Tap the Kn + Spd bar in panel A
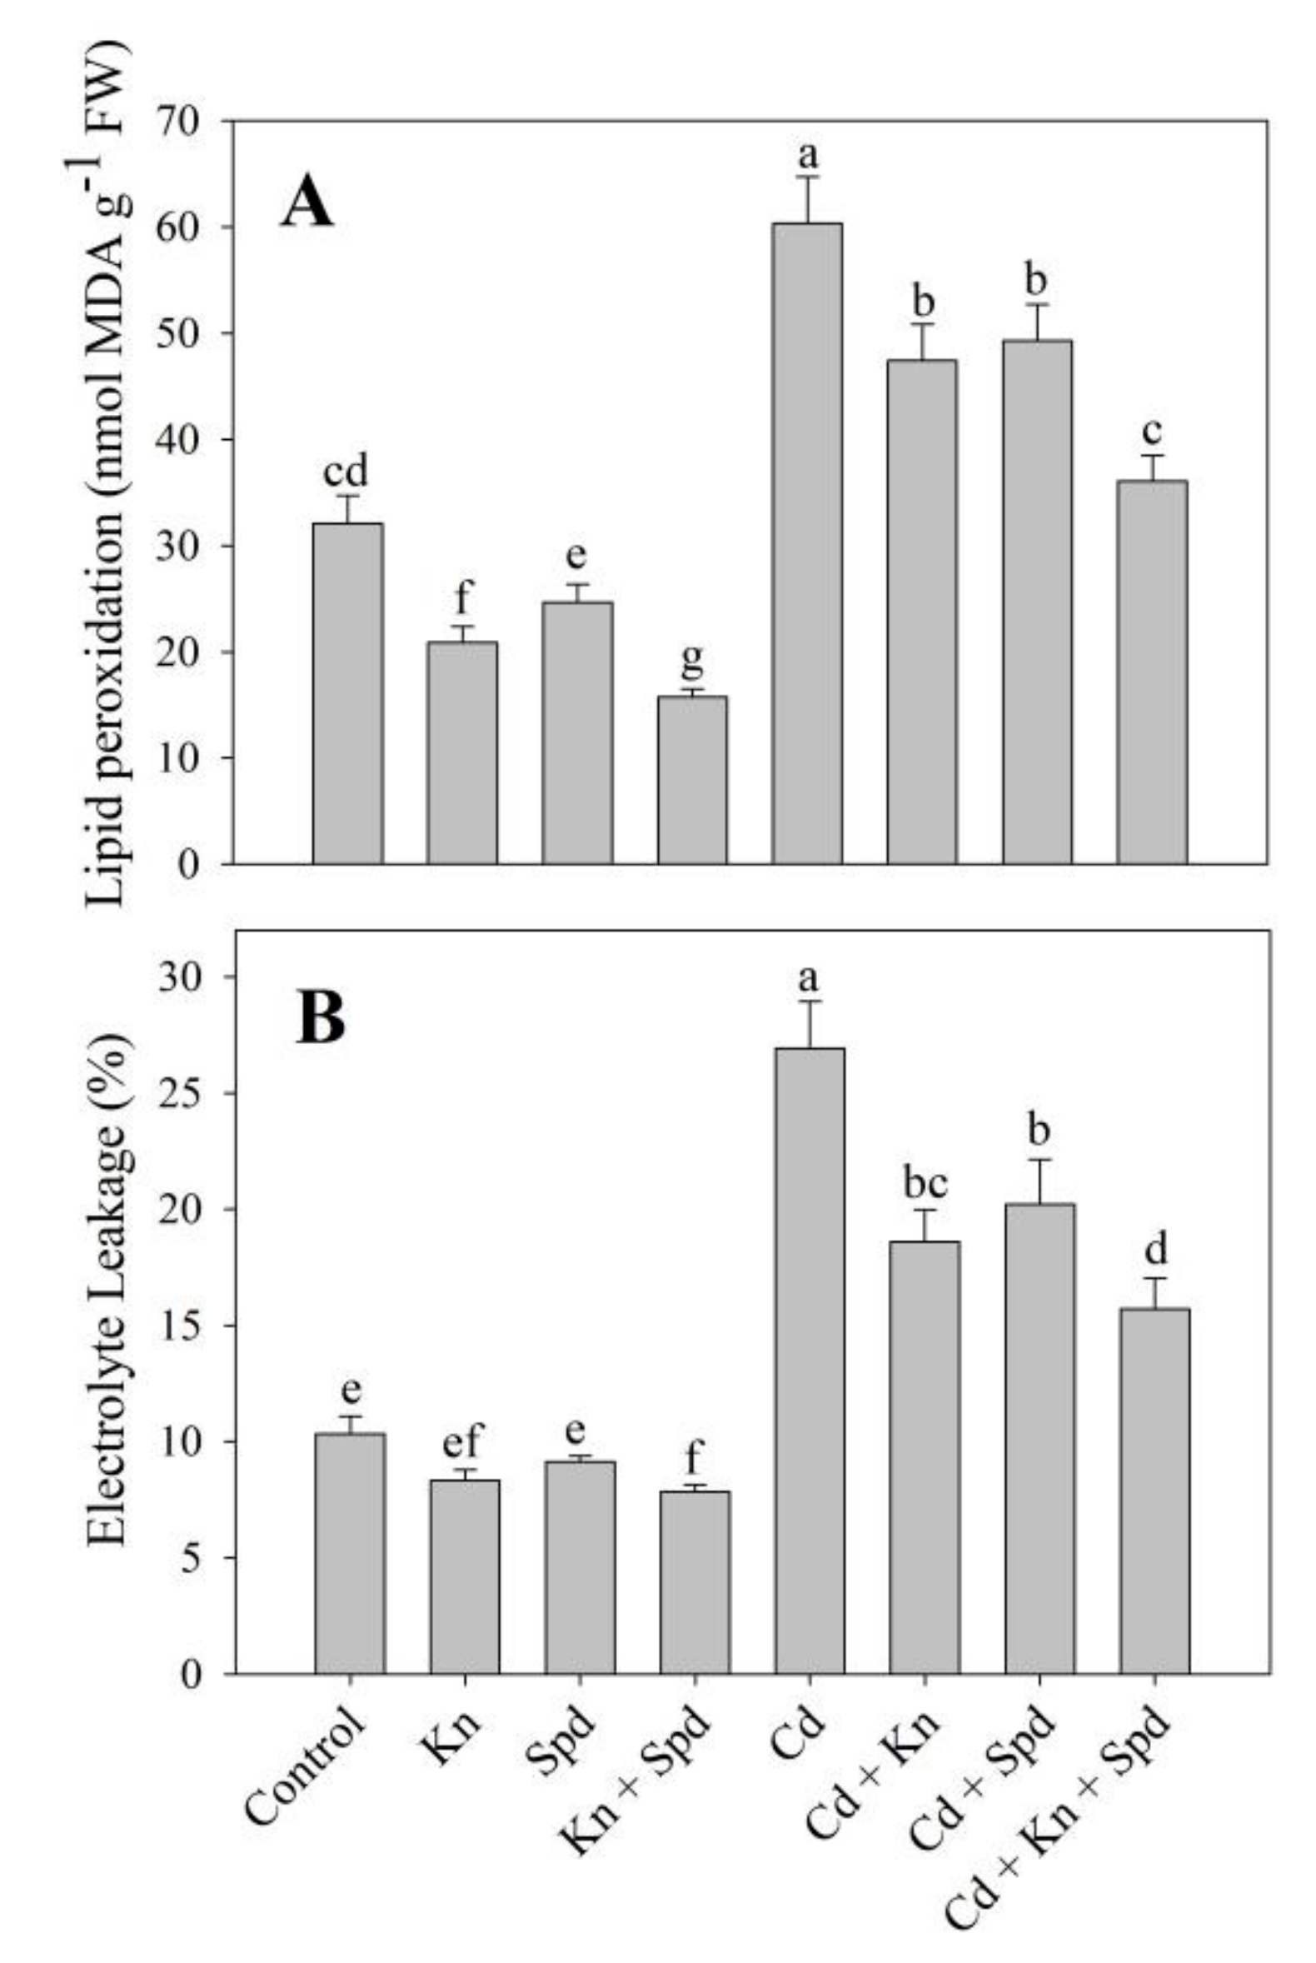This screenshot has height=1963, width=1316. click(692, 780)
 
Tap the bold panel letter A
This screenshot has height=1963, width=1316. click(307, 205)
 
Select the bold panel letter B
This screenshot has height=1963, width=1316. click(320, 1019)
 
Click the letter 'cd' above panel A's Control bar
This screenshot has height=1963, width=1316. click(346, 472)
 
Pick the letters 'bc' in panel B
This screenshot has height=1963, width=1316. click(925, 1184)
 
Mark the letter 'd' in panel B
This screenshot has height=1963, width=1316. click(1156, 1250)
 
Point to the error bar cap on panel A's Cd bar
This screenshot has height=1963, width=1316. click(807, 177)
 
